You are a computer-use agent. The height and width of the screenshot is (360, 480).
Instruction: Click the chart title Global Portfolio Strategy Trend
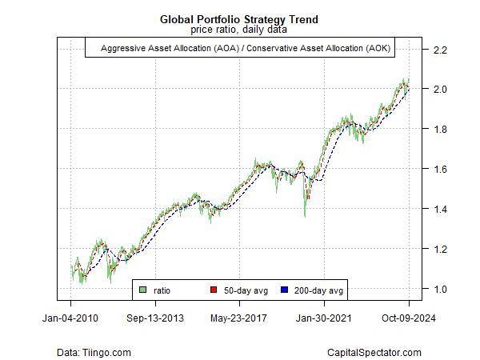240,18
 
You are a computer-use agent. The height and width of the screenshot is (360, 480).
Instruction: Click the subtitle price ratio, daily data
240,30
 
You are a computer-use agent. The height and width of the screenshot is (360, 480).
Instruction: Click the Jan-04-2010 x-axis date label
70,318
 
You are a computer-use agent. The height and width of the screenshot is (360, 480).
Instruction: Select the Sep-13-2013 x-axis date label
155,318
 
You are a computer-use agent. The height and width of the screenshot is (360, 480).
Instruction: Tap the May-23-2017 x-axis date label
240,318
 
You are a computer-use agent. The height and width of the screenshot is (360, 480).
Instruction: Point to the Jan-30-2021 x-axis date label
325,318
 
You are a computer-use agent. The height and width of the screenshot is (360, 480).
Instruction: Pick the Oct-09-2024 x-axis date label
409,318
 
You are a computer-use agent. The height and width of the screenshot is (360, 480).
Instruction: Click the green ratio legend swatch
143,289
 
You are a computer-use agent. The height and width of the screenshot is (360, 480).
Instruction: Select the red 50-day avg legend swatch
214,289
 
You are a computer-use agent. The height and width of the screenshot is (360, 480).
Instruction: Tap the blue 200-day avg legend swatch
285,289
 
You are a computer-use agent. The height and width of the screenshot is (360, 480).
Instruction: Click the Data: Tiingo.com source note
94,352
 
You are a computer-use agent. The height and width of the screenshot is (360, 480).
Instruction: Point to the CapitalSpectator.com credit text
374,352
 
